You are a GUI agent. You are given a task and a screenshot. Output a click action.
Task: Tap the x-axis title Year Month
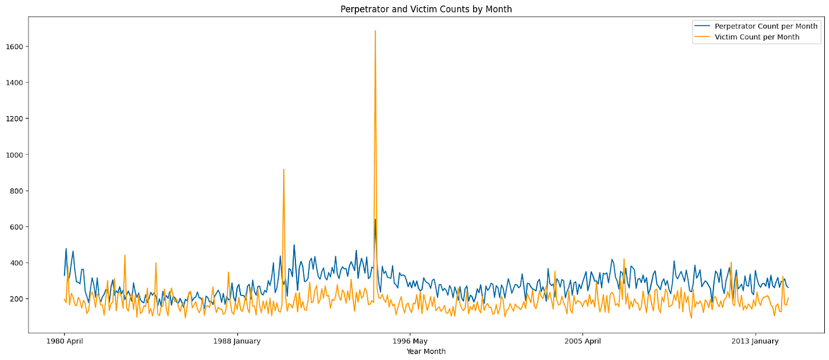(x=426, y=351)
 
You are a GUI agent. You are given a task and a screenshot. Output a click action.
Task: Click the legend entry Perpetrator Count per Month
(x=766, y=26)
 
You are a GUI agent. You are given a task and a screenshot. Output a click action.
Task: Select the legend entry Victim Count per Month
(x=757, y=37)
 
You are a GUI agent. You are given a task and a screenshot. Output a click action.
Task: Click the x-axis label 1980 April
(x=65, y=341)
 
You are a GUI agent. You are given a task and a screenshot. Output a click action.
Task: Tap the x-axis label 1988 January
(x=236, y=341)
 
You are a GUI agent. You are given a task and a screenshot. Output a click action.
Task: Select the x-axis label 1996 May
(x=410, y=341)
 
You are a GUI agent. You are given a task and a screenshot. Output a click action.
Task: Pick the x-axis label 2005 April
(x=582, y=341)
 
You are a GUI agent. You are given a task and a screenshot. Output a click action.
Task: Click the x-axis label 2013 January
(x=755, y=341)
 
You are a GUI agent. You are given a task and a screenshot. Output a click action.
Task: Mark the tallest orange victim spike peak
(x=375, y=31)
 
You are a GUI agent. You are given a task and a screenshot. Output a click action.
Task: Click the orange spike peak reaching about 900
(x=284, y=170)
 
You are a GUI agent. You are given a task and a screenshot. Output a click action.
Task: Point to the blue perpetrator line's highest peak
(x=375, y=220)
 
